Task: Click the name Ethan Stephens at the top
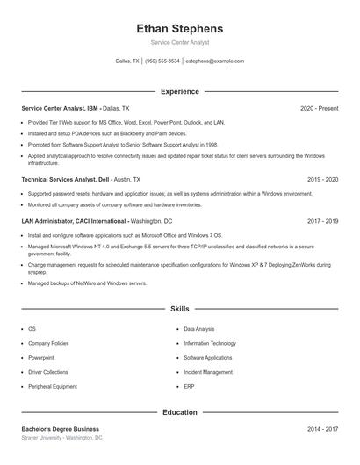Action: tap(179, 28)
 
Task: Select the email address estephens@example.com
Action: tap(214, 61)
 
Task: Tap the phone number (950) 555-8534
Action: tap(162, 61)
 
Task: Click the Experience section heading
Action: tap(179, 91)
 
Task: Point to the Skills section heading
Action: tap(179, 310)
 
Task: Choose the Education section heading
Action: tap(179, 412)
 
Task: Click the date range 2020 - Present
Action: tap(319, 108)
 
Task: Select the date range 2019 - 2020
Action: tap(322, 179)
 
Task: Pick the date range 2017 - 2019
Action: tap(322, 222)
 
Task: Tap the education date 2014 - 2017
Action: tap(322, 429)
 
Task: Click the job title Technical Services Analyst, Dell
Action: tap(65, 179)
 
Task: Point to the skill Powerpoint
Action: tap(41, 358)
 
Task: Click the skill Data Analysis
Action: tap(199, 329)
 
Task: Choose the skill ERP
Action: tap(189, 386)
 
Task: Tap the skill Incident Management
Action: tap(208, 372)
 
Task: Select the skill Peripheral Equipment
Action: tap(53, 386)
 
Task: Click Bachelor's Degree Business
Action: tap(61, 429)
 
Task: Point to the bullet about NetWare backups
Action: tap(75, 283)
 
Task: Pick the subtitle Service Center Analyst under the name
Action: tap(179, 42)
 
